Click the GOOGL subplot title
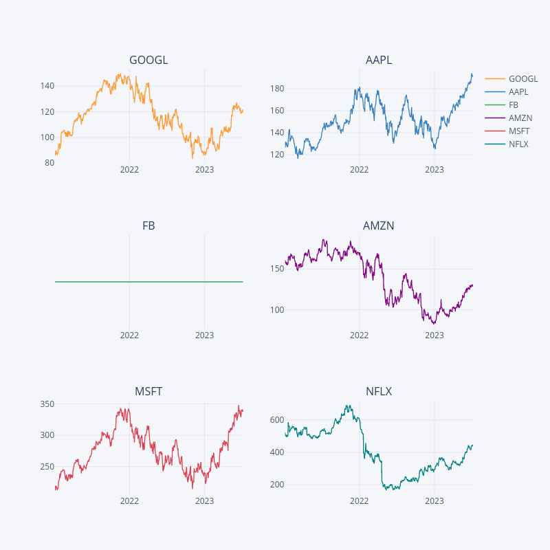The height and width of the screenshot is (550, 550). point(148,60)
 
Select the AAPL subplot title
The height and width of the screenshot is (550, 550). point(379,60)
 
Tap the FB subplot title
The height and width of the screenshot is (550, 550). point(148,226)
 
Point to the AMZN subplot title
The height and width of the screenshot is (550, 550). point(379,226)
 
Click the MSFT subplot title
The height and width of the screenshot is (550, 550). point(148,392)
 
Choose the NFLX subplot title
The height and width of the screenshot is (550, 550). point(379,392)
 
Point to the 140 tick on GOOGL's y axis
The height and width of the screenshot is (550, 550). point(47,86)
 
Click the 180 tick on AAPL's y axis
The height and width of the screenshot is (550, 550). point(276,88)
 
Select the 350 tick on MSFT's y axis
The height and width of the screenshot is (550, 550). point(47,404)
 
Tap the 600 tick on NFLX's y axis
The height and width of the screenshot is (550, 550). point(276,420)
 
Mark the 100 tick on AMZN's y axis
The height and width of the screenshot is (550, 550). point(276,309)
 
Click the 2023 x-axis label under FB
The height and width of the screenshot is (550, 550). point(204,335)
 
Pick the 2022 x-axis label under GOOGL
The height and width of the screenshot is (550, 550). point(129,170)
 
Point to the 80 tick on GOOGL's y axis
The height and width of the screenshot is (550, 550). point(49,163)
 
